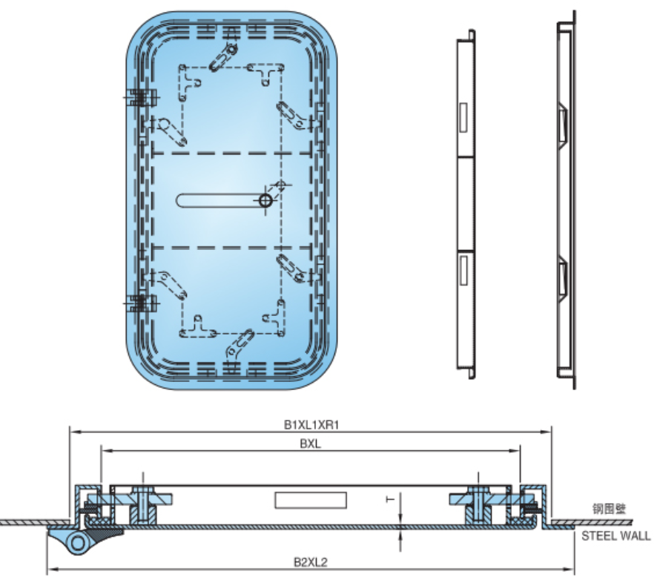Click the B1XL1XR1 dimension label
(x=311, y=424)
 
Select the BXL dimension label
(x=310, y=444)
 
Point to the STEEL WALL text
(x=615, y=536)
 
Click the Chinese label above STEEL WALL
(x=609, y=509)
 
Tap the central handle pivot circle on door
(x=265, y=200)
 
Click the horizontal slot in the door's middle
(x=219, y=200)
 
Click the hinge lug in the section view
(x=77, y=542)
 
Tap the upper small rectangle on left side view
(x=463, y=119)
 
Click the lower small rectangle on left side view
(x=463, y=269)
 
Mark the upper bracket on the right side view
(x=562, y=123)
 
